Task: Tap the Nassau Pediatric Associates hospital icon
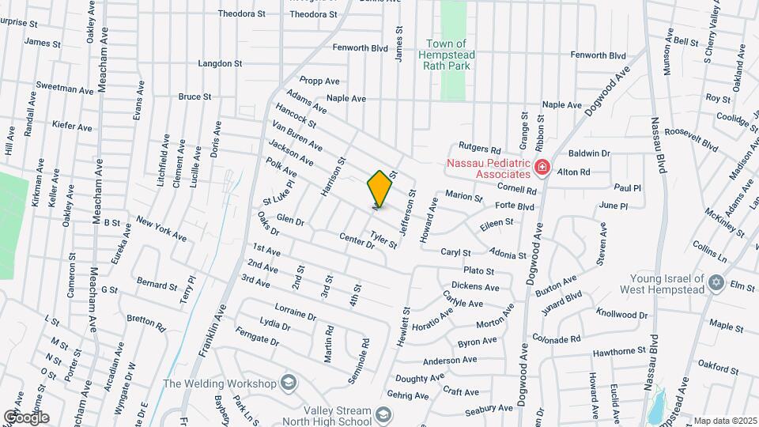coord(542,167)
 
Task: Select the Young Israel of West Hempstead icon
coord(716,283)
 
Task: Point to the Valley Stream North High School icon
coord(383,415)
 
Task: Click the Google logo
coord(26,417)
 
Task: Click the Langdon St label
coord(220,63)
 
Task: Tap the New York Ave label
coord(161,229)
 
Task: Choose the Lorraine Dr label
coord(295,310)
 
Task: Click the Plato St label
coord(478,270)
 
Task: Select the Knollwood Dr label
coord(623,314)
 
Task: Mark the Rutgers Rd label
coord(481,149)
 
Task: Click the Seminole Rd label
coord(365,357)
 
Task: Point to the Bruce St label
coord(194,96)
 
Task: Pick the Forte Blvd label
coord(515,206)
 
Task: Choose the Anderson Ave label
coord(450,360)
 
